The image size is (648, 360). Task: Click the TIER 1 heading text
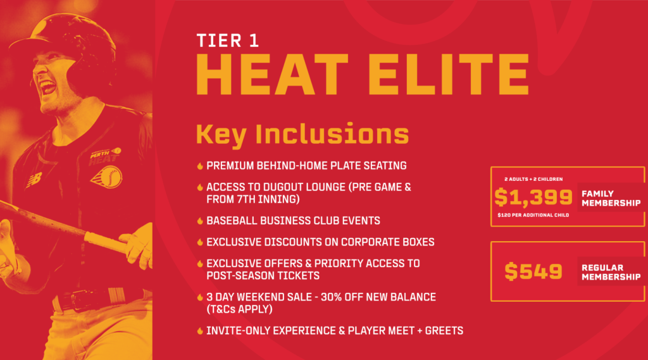pyautogui.click(x=228, y=41)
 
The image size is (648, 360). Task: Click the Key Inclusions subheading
pyautogui.click(x=302, y=134)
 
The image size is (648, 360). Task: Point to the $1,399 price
pyautogui.click(x=533, y=197)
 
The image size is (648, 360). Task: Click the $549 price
pyautogui.click(x=533, y=271)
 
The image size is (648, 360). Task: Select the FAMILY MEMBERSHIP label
pyautogui.click(x=611, y=199)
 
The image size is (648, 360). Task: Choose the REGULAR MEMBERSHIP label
pyautogui.click(x=611, y=273)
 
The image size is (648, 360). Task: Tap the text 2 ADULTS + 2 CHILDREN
pyautogui.click(x=533, y=179)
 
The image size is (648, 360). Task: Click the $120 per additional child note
pyautogui.click(x=533, y=215)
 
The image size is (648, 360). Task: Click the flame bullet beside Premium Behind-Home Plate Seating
pyautogui.click(x=200, y=166)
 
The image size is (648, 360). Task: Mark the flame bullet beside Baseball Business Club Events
pyautogui.click(x=200, y=221)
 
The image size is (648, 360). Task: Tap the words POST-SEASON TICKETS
pyautogui.click(x=263, y=276)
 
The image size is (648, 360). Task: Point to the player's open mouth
pyautogui.click(x=47, y=87)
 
